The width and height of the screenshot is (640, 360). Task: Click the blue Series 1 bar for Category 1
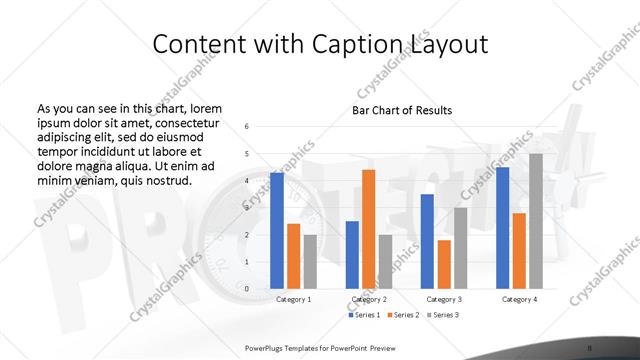[277, 231]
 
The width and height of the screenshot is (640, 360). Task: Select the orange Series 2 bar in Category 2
[368, 229]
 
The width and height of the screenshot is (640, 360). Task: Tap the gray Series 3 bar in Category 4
[535, 221]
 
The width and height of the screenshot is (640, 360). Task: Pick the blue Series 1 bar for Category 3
[427, 241]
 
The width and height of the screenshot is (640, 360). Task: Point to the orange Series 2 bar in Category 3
[444, 264]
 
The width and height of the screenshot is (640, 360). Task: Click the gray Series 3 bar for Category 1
[310, 262]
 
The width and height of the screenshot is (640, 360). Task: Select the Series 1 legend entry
[364, 315]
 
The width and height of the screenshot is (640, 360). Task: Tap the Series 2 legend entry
[404, 315]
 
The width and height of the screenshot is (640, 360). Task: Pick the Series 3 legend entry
[443, 315]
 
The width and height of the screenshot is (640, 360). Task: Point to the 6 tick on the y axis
[247, 127]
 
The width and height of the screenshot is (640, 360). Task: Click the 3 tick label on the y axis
[247, 208]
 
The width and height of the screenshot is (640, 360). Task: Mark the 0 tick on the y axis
[247, 289]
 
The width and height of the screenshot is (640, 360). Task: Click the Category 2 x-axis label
[368, 299]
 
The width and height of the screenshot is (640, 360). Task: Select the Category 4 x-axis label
[519, 299]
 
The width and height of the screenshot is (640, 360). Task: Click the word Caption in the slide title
[355, 45]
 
